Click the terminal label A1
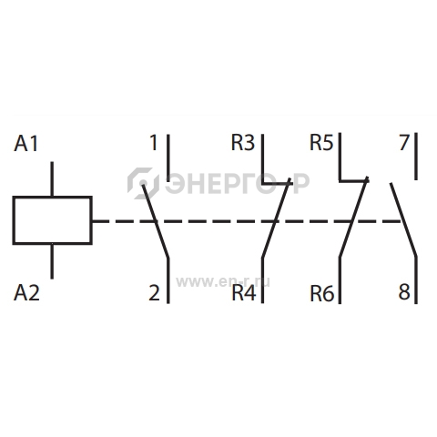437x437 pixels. (26, 144)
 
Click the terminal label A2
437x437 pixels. (26, 293)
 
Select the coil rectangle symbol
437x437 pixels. (52, 220)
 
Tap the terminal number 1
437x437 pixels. (154, 143)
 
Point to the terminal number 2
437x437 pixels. (154, 293)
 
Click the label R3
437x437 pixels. (243, 143)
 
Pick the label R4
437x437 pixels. (244, 293)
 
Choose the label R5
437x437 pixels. (321, 142)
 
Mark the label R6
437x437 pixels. (322, 294)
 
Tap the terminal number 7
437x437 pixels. (404, 142)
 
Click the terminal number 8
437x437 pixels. (404, 292)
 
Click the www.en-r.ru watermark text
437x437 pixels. (223, 282)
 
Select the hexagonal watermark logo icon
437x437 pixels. (143, 183)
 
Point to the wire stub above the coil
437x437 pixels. (52, 179)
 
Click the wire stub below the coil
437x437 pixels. (52, 261)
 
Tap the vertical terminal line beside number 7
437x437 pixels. (416, 157)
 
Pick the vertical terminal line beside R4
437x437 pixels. (262, 280)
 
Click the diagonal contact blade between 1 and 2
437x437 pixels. (155, 221)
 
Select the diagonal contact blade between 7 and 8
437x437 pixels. (403, 219)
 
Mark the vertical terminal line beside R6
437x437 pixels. (340, 280)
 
